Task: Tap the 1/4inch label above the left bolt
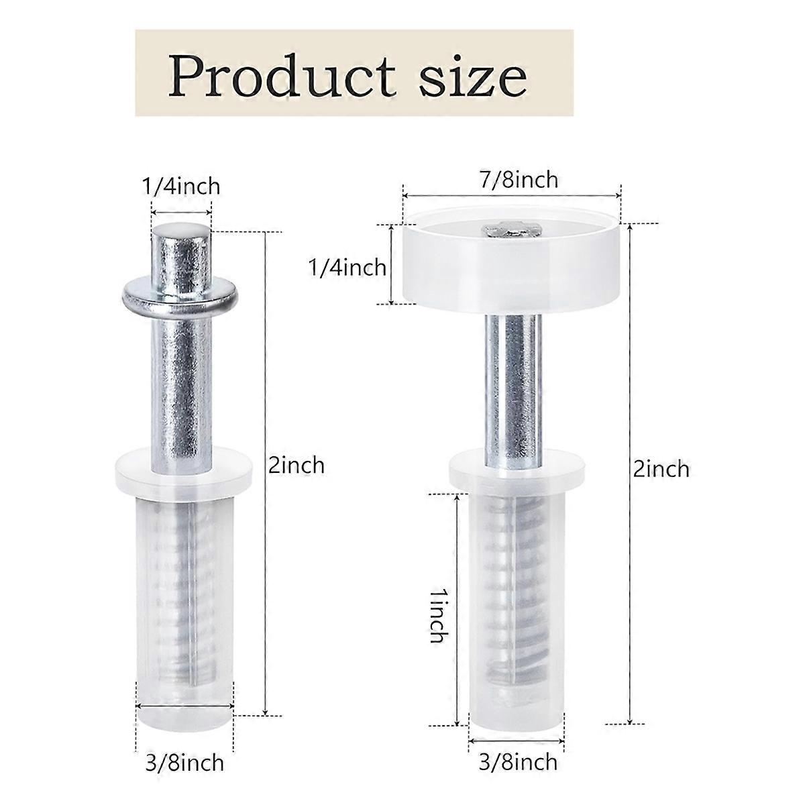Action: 182,186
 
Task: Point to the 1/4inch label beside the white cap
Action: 346,267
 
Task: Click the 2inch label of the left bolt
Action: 297,464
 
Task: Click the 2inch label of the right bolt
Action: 661,468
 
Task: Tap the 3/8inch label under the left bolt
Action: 184,763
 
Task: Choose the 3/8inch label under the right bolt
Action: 517,762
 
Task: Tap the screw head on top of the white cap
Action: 511,231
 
